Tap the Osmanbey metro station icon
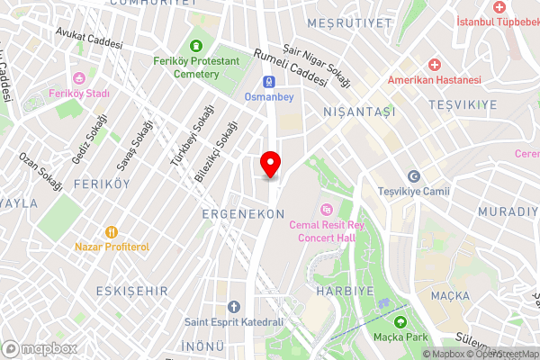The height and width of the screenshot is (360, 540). click(x=255, y=79)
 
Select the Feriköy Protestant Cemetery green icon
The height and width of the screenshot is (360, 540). click(x=196, y=46)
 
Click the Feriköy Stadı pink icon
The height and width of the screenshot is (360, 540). click(x=79, y=78)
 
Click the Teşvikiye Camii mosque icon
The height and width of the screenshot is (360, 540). click(x=414, y=176)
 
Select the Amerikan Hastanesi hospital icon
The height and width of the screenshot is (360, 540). click(x=435, y=65)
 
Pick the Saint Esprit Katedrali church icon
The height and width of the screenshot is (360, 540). click(x=234, y=307)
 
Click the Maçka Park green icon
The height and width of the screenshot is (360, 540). click(x=400, y=321)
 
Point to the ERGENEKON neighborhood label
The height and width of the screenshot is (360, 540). click(x=243, y=214)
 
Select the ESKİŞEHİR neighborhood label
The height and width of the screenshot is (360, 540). click(x=130, y=291)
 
